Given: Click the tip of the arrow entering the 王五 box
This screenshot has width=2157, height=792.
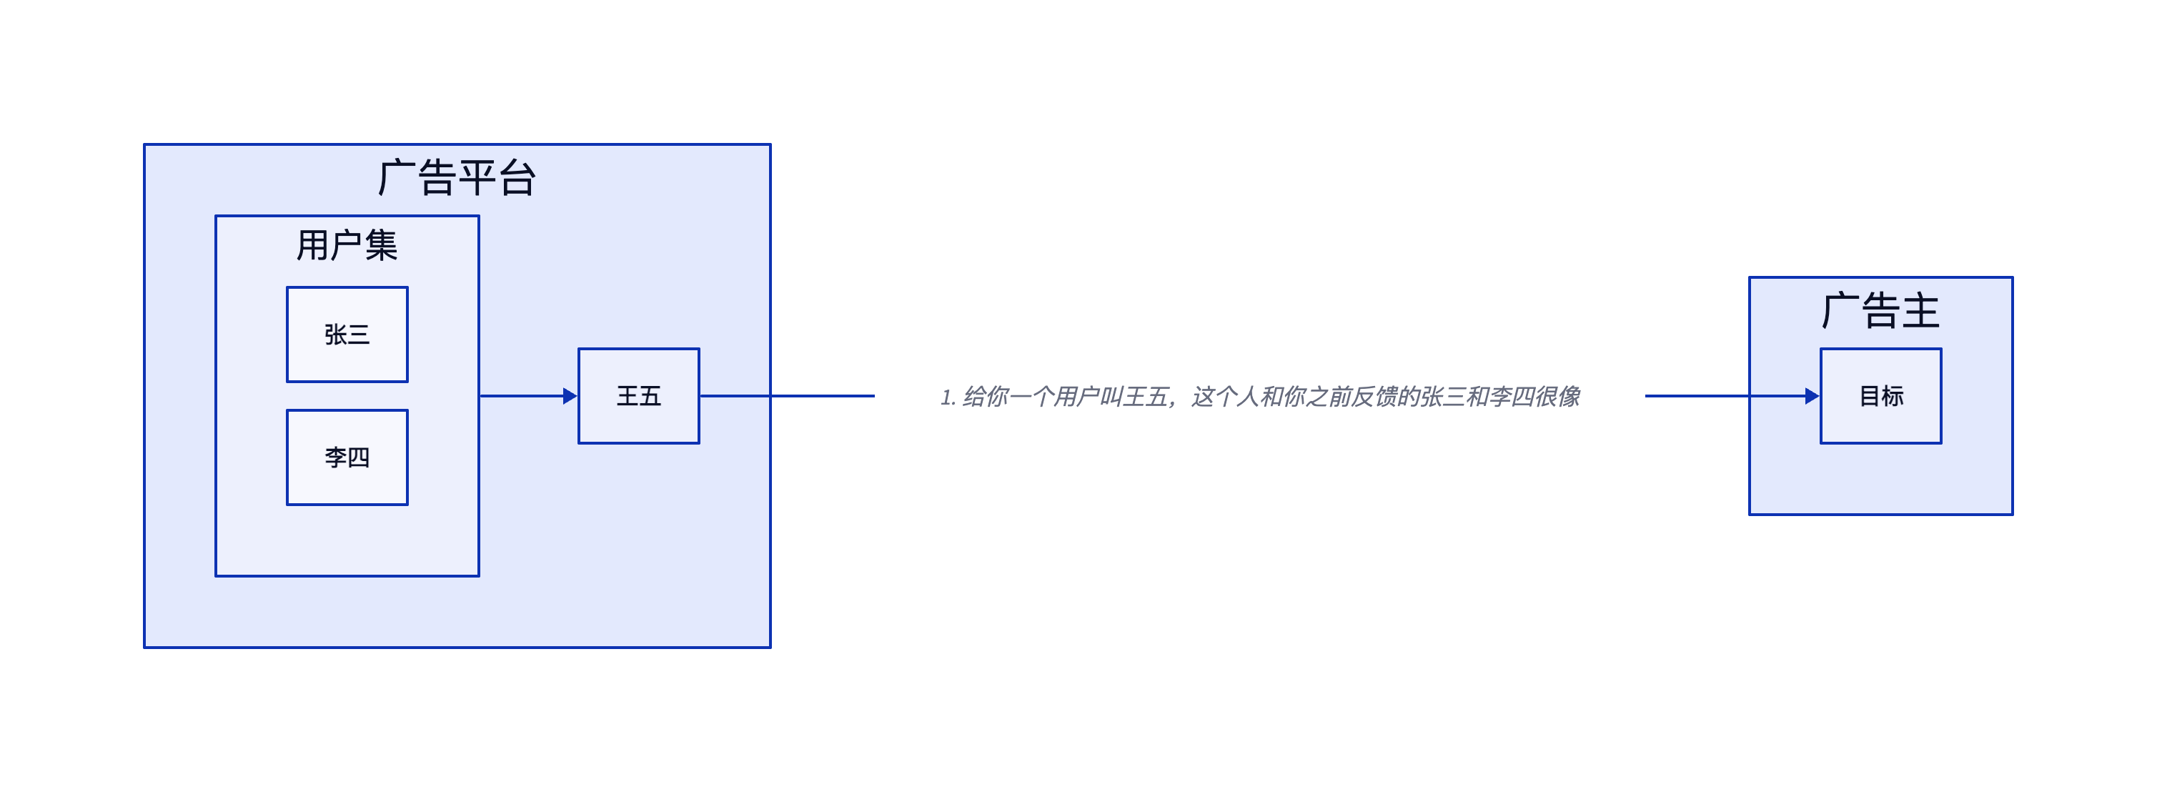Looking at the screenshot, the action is pos(577,396).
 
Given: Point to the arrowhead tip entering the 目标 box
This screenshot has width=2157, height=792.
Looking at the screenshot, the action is pos(1820,396).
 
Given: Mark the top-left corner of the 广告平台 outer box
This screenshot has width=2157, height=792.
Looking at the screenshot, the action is pos(144,145).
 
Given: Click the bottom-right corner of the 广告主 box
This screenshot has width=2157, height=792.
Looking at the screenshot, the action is pos(2013,515).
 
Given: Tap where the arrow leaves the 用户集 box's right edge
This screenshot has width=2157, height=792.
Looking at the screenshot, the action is pos(480,396).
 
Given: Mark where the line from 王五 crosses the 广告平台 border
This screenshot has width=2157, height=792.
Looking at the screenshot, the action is pos(770,396).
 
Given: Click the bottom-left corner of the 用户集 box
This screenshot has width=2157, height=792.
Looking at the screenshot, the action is pos(216,576).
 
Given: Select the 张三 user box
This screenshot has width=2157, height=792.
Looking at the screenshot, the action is pos(347,335).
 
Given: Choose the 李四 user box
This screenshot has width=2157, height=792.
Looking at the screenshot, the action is pos(347,457).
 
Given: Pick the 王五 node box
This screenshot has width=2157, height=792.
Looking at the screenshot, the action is pos(639,396).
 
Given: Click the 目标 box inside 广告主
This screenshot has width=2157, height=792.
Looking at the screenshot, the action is pos(1880,396).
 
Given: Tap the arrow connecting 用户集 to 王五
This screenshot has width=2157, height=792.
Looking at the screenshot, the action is pos(528,396).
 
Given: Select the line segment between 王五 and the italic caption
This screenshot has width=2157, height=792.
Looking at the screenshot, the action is pos(787,396).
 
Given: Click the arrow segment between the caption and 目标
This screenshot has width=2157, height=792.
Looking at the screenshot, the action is pos(1732,396).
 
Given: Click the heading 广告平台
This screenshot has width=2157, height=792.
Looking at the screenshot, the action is pos(457,178).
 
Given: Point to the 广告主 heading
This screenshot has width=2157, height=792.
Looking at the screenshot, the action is pos(1880,311).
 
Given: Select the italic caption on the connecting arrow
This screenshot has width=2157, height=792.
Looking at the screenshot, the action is pos(1260,397).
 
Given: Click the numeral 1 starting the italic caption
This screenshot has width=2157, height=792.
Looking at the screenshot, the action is pos(946,397).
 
